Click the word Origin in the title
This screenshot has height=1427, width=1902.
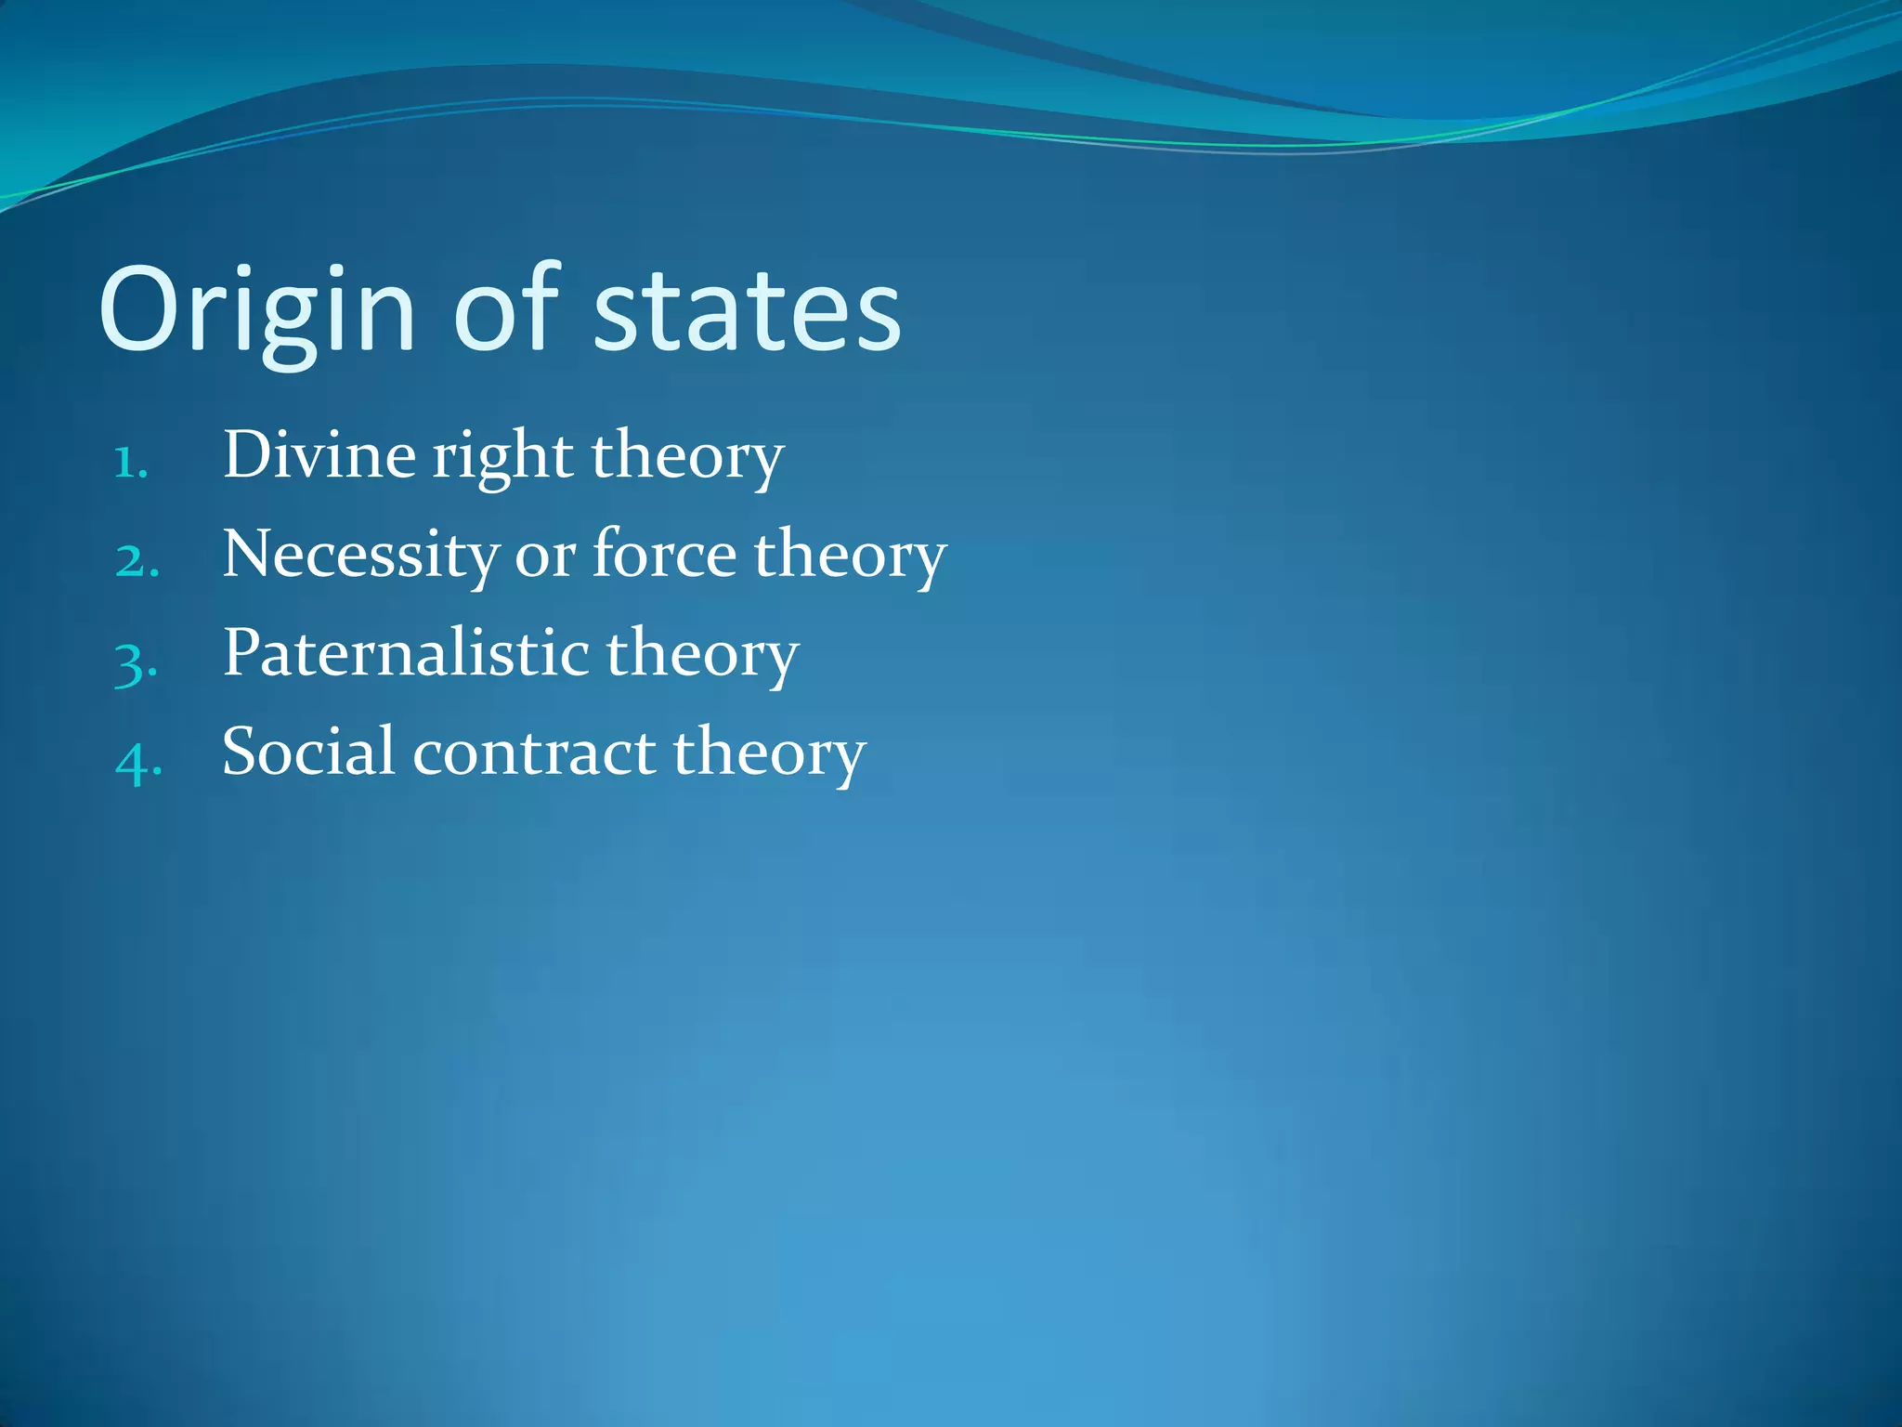(256, 311)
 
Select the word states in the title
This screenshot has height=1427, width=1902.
(747, 311)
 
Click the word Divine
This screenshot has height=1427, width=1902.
(319, 455)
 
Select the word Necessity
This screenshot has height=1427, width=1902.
(360, 556)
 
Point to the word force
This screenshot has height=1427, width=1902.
(665, 554)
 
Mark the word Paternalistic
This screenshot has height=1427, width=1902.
(406, 653)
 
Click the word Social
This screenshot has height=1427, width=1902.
(308, 752)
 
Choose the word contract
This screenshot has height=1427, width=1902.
(534, 753)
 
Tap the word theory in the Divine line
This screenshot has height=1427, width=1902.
(687, 457)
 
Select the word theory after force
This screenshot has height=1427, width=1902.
(850, 556)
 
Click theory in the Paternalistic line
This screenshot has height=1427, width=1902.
(702, 655)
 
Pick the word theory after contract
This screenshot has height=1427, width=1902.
(769, 753)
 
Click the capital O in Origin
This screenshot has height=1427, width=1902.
(137, 309)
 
